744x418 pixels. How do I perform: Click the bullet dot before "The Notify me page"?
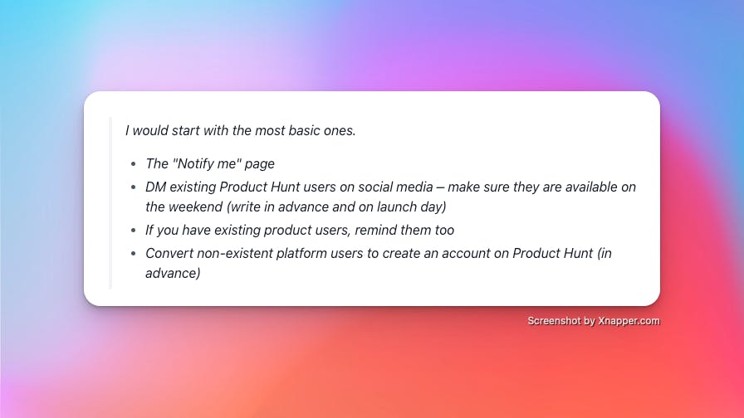pyautogui.click(x=134, y=164)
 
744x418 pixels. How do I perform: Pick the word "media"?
pyautogui.click(x=414, y=187)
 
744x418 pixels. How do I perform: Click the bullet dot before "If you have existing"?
pyautogui.click(x=134, y=231)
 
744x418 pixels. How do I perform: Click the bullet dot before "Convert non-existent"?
pyautogui.click(x=134, y=254)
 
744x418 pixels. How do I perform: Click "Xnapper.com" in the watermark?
pyautogui.click(x=629, y=321)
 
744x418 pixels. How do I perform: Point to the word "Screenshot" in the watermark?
pyautogui.click(x=554, y=321)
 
